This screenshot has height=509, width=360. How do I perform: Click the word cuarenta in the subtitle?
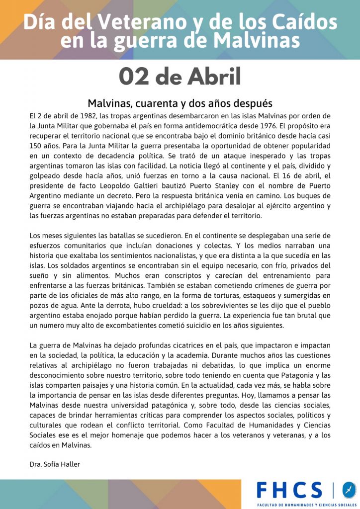tap(154, 103)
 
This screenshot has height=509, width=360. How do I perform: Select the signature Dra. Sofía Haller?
tap(55, 464)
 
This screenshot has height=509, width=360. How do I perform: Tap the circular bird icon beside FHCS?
tap(349, 490)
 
